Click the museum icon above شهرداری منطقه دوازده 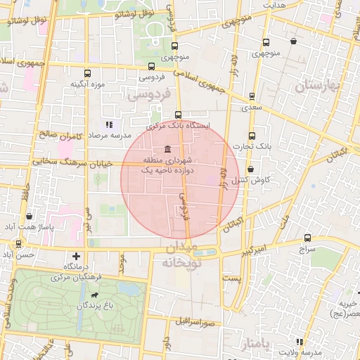tap(166, 149)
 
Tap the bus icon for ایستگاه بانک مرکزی tap(177, 114)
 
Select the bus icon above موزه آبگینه tap(88, 73)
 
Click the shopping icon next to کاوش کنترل tap(251, 169)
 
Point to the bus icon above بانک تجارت tap(252, 135)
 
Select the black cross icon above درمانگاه tap(76, 256)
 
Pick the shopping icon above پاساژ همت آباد tap(29, 217)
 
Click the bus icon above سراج tap(307, 238)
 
